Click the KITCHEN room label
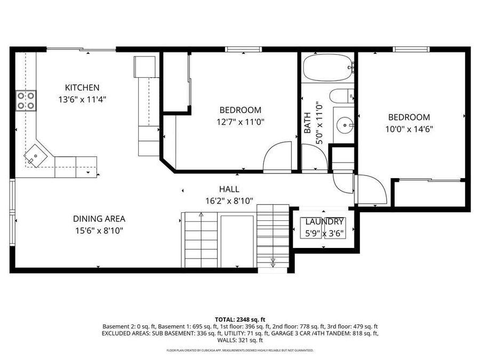[x=82, y=87]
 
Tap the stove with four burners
[x=26, y=100]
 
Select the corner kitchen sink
[x=35, y=156]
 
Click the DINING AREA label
[x=99, y=219]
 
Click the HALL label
[x=229, y=189]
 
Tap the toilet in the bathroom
[x=341, y=97]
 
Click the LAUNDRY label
[x=324, y=222]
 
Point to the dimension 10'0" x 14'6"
[x=409, y=129]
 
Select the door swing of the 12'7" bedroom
[x=277, y=156]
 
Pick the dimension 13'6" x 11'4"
[x=82, y=99]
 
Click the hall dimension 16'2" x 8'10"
[x=229, y=201]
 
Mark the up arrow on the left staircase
[x=201, y=215]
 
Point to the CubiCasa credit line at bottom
[x=239, y=350]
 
